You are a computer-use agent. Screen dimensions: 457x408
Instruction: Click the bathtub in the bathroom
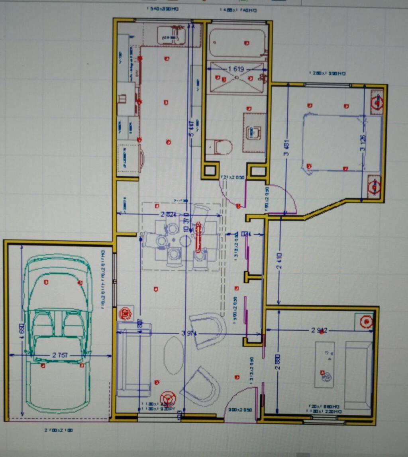[x=237, y=43]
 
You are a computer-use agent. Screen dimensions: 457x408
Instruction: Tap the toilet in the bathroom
[x=222, y=147]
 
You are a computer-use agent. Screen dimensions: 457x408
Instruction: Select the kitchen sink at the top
[x=171, y=35]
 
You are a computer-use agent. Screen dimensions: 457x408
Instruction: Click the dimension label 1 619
[x=235, y=69]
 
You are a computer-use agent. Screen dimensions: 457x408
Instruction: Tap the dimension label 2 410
[x=279, y=261]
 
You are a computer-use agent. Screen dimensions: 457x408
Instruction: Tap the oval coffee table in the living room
[x=174, y=355]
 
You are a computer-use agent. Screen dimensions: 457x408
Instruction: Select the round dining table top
[x=185, y=241]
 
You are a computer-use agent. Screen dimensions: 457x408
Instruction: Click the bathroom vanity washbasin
[x=253, y=133]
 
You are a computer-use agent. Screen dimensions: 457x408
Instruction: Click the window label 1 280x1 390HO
[x=327, y=73]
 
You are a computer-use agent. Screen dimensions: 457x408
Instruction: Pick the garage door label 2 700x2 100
[x=59, y=430]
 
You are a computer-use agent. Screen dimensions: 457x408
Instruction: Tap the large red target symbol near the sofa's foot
[x=168, y=398]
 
